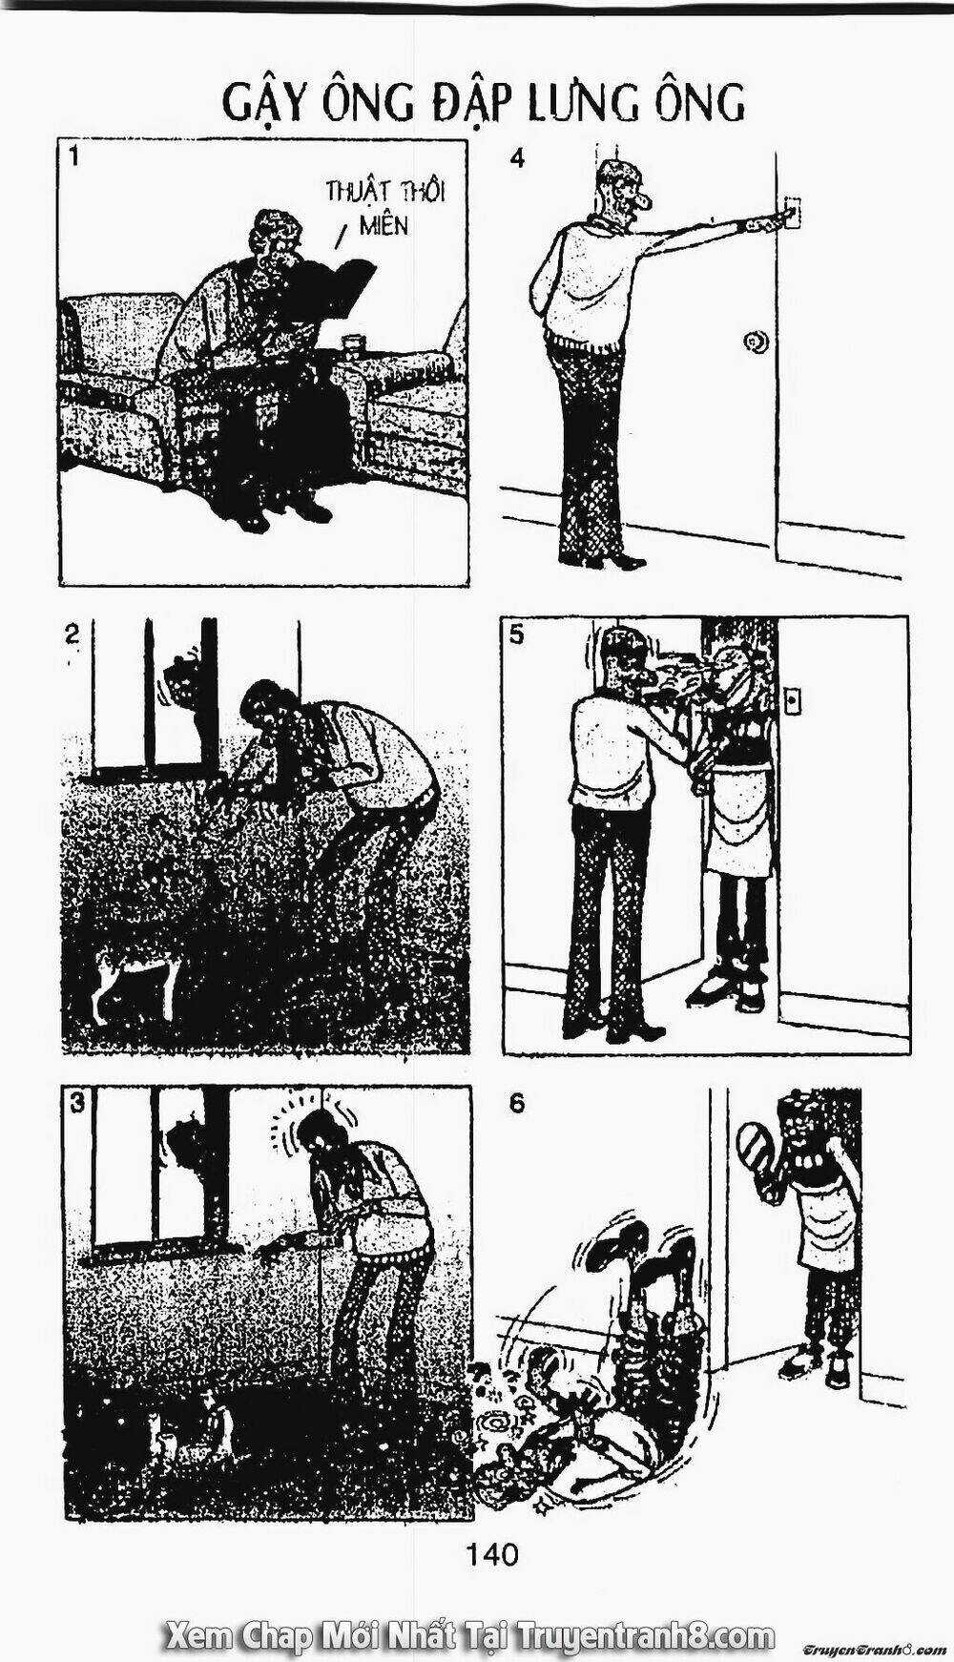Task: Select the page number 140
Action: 493,1555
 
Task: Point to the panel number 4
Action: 517,158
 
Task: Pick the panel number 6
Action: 516,1104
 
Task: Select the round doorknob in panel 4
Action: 755,341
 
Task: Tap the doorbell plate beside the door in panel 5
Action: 792,701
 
